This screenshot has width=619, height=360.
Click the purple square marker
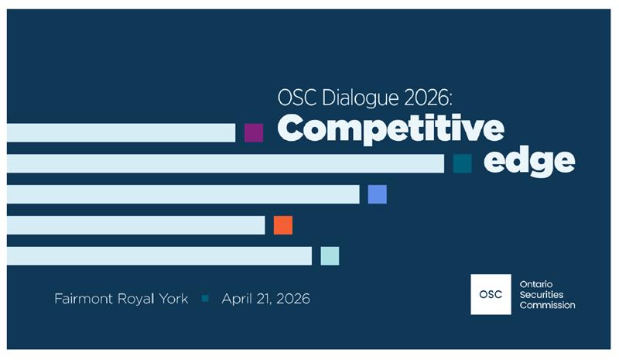coord(254,132)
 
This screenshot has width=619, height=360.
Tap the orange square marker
coord(283,225)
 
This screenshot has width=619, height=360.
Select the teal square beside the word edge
coord(463,163)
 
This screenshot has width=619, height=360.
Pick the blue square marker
coord(377,194)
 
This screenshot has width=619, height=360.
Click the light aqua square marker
coord(330,256)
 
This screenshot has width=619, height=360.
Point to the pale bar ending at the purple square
coord(121,132)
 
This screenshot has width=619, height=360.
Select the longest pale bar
coord(225,163)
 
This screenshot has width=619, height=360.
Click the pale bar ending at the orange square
coord(135,225)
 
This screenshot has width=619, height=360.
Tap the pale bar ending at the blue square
coord(183,194)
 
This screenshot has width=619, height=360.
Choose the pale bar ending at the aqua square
coord(159,256)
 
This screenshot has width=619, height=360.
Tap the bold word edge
coord(529,161)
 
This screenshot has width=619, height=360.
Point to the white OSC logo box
coord(491,294)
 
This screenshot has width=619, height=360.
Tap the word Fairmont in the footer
coord(83,299)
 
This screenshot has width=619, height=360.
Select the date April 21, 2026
coord(265,299)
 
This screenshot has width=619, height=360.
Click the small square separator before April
coord(205,298)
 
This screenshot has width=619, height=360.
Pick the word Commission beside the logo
coord(548,305)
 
